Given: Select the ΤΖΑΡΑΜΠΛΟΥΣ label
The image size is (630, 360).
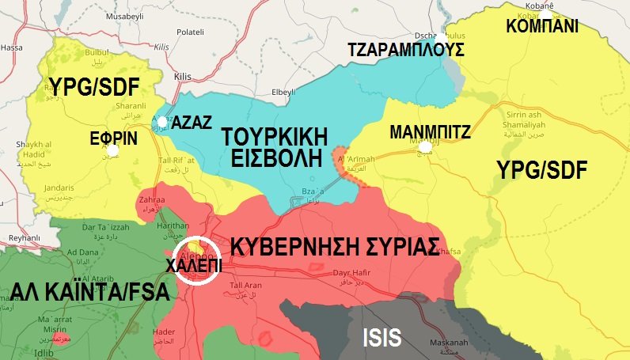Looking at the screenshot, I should click(x=406, y=51).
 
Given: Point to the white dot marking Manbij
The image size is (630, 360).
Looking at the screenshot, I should click(x=426, y=147).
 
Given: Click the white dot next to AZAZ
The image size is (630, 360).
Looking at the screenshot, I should click(x=162, y=122).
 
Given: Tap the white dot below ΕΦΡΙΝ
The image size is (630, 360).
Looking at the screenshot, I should click(x=114, y=150).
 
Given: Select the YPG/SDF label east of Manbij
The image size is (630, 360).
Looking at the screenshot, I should click(x=544, y=168).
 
